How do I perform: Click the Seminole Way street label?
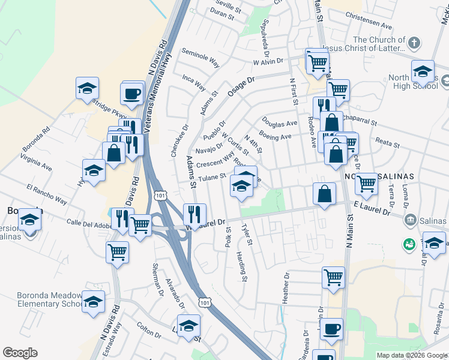(200, 56)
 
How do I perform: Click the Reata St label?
(387, 145)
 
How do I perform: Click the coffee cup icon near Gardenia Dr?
(331, 328)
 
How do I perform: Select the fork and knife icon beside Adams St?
(194, 214)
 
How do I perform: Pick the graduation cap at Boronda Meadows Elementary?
(94, 301)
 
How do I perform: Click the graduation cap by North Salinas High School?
(423, 71)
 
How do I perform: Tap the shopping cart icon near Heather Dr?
(333, 277)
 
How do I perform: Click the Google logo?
(20, 353)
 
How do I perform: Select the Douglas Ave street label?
(279, 123)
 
